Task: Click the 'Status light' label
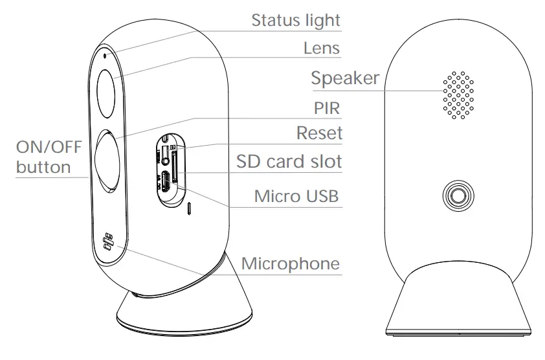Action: click(x=296, y=21)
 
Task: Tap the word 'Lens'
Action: click(x=322, y=49)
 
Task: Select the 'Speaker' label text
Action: click(x=344, y=79)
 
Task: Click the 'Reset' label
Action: click(x=318, y=134)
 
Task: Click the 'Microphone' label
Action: click(x=290, y=264)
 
